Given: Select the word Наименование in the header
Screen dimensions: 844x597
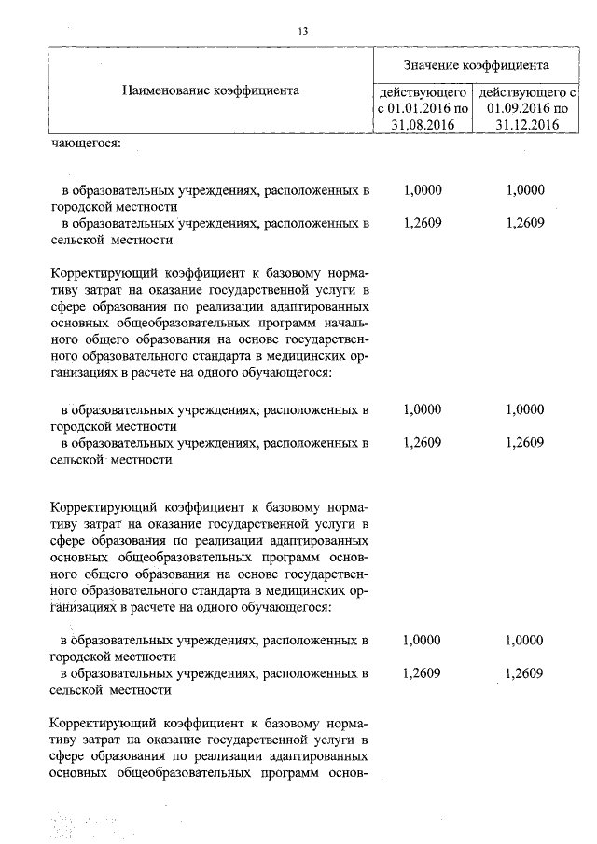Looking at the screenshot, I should tap(161, 91).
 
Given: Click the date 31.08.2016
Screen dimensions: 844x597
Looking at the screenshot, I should tap(423, 126).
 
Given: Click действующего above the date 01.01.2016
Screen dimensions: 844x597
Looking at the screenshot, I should tap(423, 92).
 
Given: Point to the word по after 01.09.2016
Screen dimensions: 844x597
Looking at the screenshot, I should tap(558, 109).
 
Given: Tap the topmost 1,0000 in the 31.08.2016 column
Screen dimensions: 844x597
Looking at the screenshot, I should tap(423, 189).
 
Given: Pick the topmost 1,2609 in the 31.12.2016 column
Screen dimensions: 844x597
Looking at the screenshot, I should tap(523, 223).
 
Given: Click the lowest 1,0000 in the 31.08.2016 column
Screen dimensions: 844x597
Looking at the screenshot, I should tap(423, 640).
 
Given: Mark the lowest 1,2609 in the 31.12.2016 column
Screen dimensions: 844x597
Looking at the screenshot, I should tap(523, 673).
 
